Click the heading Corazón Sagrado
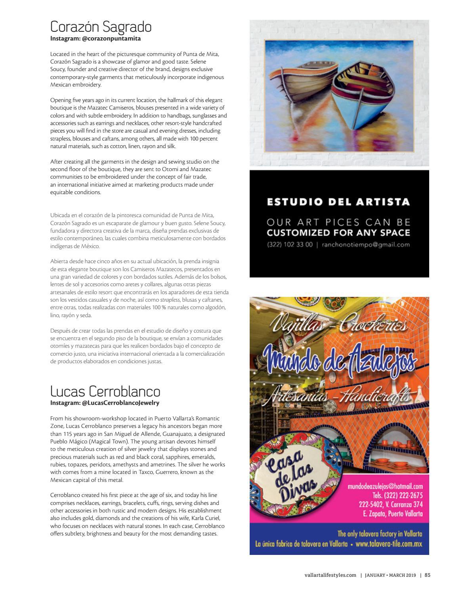click(101, 27)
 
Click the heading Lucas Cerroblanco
click(105, 391)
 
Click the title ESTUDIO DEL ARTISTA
click(338, 202)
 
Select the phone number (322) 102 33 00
click(290, 245)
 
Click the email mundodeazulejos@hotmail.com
click(385, 486)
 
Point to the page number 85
click(427, 575)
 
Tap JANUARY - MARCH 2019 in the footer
click(390, 575)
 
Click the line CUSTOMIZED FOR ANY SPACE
click(338, 233)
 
